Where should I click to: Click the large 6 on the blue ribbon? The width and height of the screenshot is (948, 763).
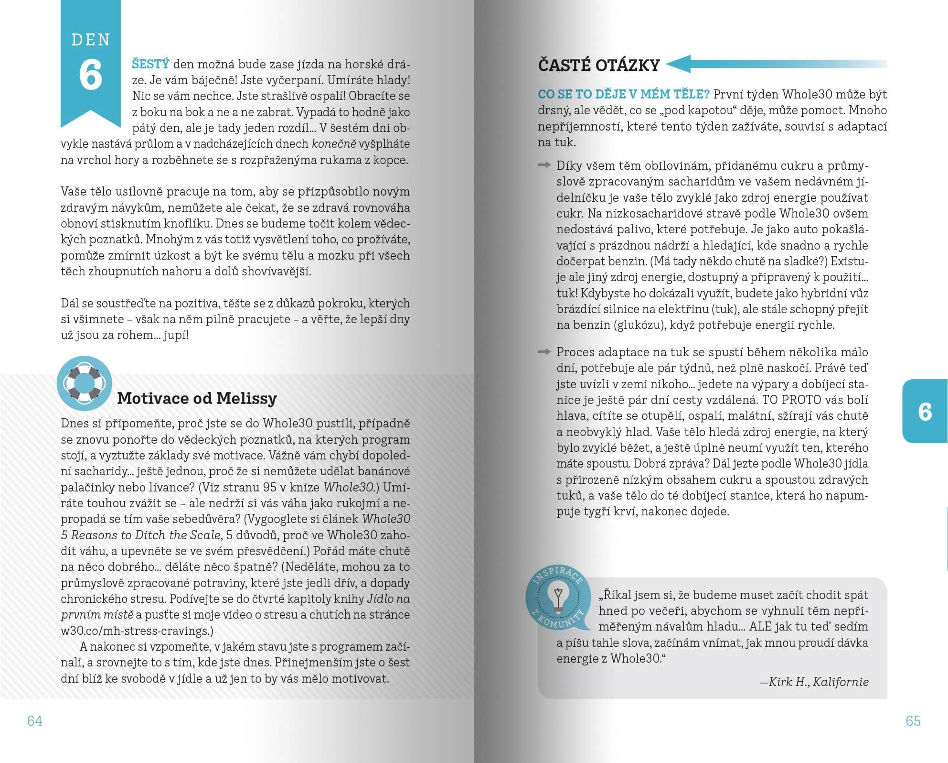tap(91, 75)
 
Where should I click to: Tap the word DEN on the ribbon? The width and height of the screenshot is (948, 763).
tap(91, 40)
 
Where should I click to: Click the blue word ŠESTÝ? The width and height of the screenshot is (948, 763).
tap(150, 64)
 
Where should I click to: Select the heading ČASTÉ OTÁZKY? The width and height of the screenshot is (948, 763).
tap(599, 65)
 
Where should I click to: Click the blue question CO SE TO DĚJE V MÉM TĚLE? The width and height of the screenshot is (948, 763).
tap(624, 94)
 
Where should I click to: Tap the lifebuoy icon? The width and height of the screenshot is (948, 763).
tap(84, 383)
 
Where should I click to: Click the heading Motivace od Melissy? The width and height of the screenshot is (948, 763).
tap(197, 398)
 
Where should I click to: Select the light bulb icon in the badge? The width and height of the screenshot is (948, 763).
tap(557, 599)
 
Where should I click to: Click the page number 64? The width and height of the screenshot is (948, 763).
tap(35, 720)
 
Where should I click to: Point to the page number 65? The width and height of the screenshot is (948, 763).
tap(913, 720)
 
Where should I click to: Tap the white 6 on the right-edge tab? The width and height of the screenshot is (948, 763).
tap(925, 412)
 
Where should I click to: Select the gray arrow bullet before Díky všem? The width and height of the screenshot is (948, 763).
tap(544, 165)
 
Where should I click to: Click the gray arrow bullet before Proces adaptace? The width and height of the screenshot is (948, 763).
tap(544, 352)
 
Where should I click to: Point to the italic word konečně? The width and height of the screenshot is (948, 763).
tap(334, 144)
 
